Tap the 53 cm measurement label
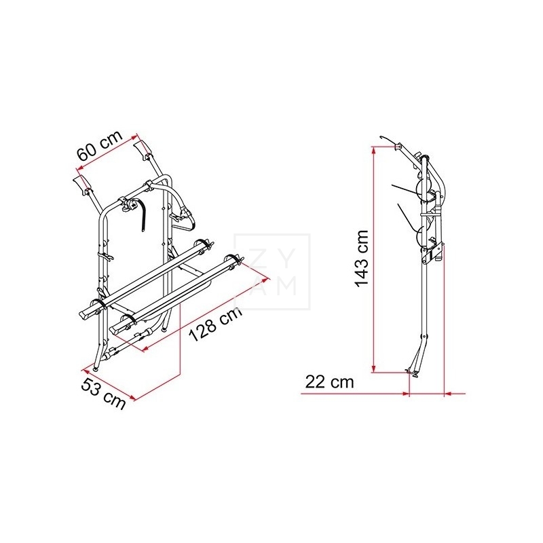pos(105,394)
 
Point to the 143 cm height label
pos(362,258)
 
